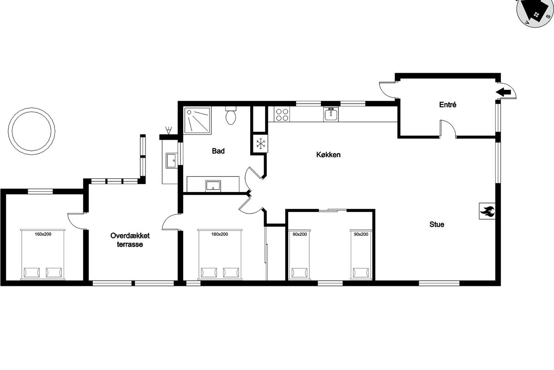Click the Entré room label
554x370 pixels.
[448, 105]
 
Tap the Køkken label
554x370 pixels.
[328, 154]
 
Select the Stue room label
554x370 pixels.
[437, 224]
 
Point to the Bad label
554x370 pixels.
[218, 151]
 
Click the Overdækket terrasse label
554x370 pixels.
[130, 240]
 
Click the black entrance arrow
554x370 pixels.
[503, 92]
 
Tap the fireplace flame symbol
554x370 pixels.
[487, 211]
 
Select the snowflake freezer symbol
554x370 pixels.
[260, 143]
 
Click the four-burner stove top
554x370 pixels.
[282, 114]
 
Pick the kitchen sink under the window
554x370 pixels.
[331, 114]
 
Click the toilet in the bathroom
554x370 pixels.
[231, 116]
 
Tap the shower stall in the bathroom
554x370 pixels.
[198, 120]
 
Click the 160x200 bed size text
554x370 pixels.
[43, 234]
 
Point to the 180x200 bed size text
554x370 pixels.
[220, 234]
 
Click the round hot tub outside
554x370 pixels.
[31, 131]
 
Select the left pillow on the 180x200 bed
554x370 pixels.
[209, 272]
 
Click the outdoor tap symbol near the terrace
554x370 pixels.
[169, 130]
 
